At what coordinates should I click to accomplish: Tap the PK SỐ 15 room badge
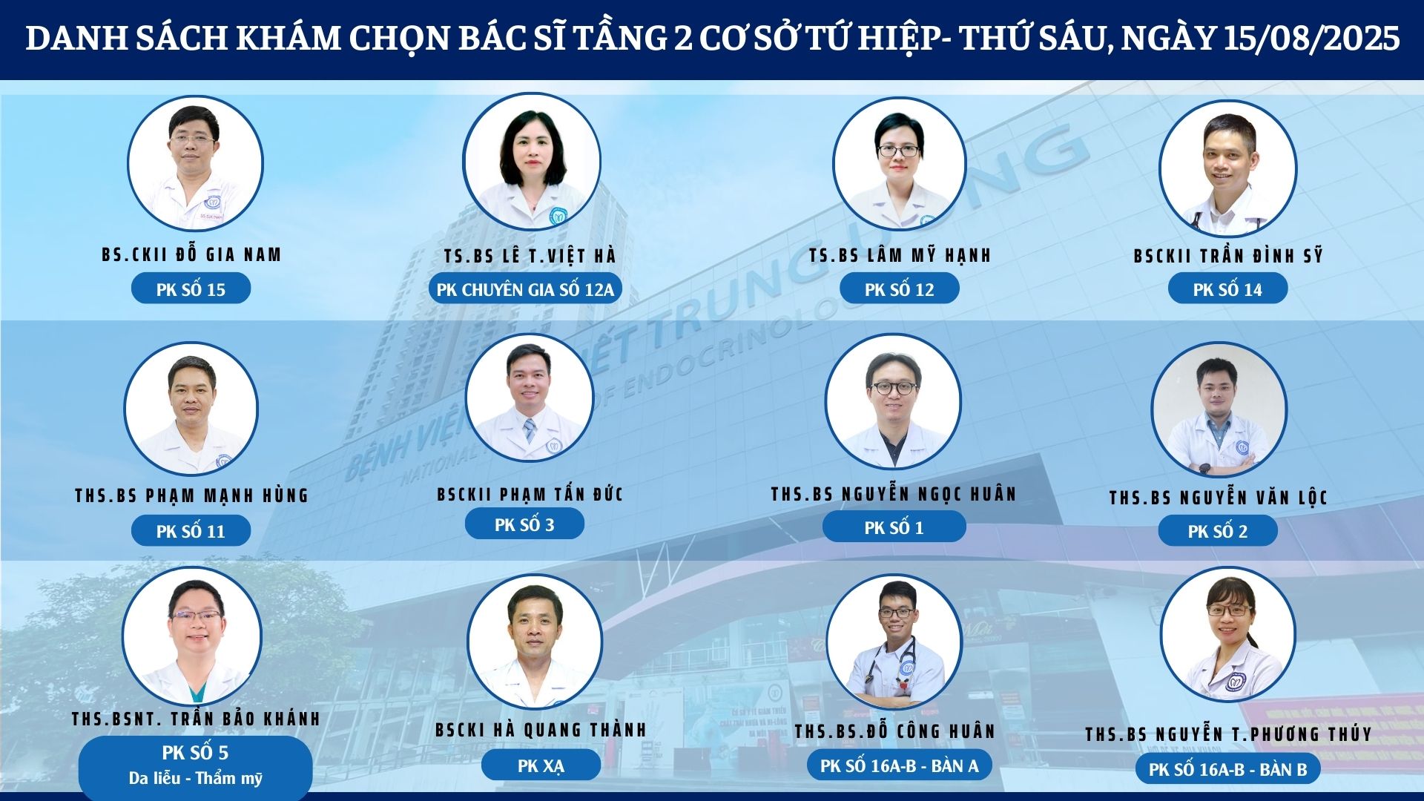pyautogui.click(x=191, y=289)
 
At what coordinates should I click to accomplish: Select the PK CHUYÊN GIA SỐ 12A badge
pyautogui.click(x=525, y=289)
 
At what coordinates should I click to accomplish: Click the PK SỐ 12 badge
pyautogui.click(x=899, y=289)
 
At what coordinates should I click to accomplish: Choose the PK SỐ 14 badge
pyautogui.click(x=1227, y=289)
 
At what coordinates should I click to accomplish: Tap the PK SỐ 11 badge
pyautogui.click(x=191, y=530)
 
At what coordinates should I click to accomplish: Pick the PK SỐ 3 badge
pyautogui.click(x=524, y=524)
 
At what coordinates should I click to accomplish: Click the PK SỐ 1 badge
pyautogui.click(x=894, y=527)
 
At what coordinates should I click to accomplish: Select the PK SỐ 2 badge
pyautogui.click(x=1218, y=530)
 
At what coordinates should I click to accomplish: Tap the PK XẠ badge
pyautogui.click(x=541, y=765)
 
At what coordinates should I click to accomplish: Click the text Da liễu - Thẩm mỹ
pyautogui.click(x=196, y=778)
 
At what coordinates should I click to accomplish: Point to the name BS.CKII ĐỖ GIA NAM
pyautogui.click(x=191, y=254)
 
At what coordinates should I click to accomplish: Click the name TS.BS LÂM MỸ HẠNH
pyautogui.click(x=900, y=255)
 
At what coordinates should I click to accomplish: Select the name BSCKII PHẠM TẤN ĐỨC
pyautogui.click(x=530, y=494)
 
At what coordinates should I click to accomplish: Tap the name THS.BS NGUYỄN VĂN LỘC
pyautogui.click(x=1218, y=497)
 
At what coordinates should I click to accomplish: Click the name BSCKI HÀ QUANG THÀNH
pyautogui.click(x=541, y=730)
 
